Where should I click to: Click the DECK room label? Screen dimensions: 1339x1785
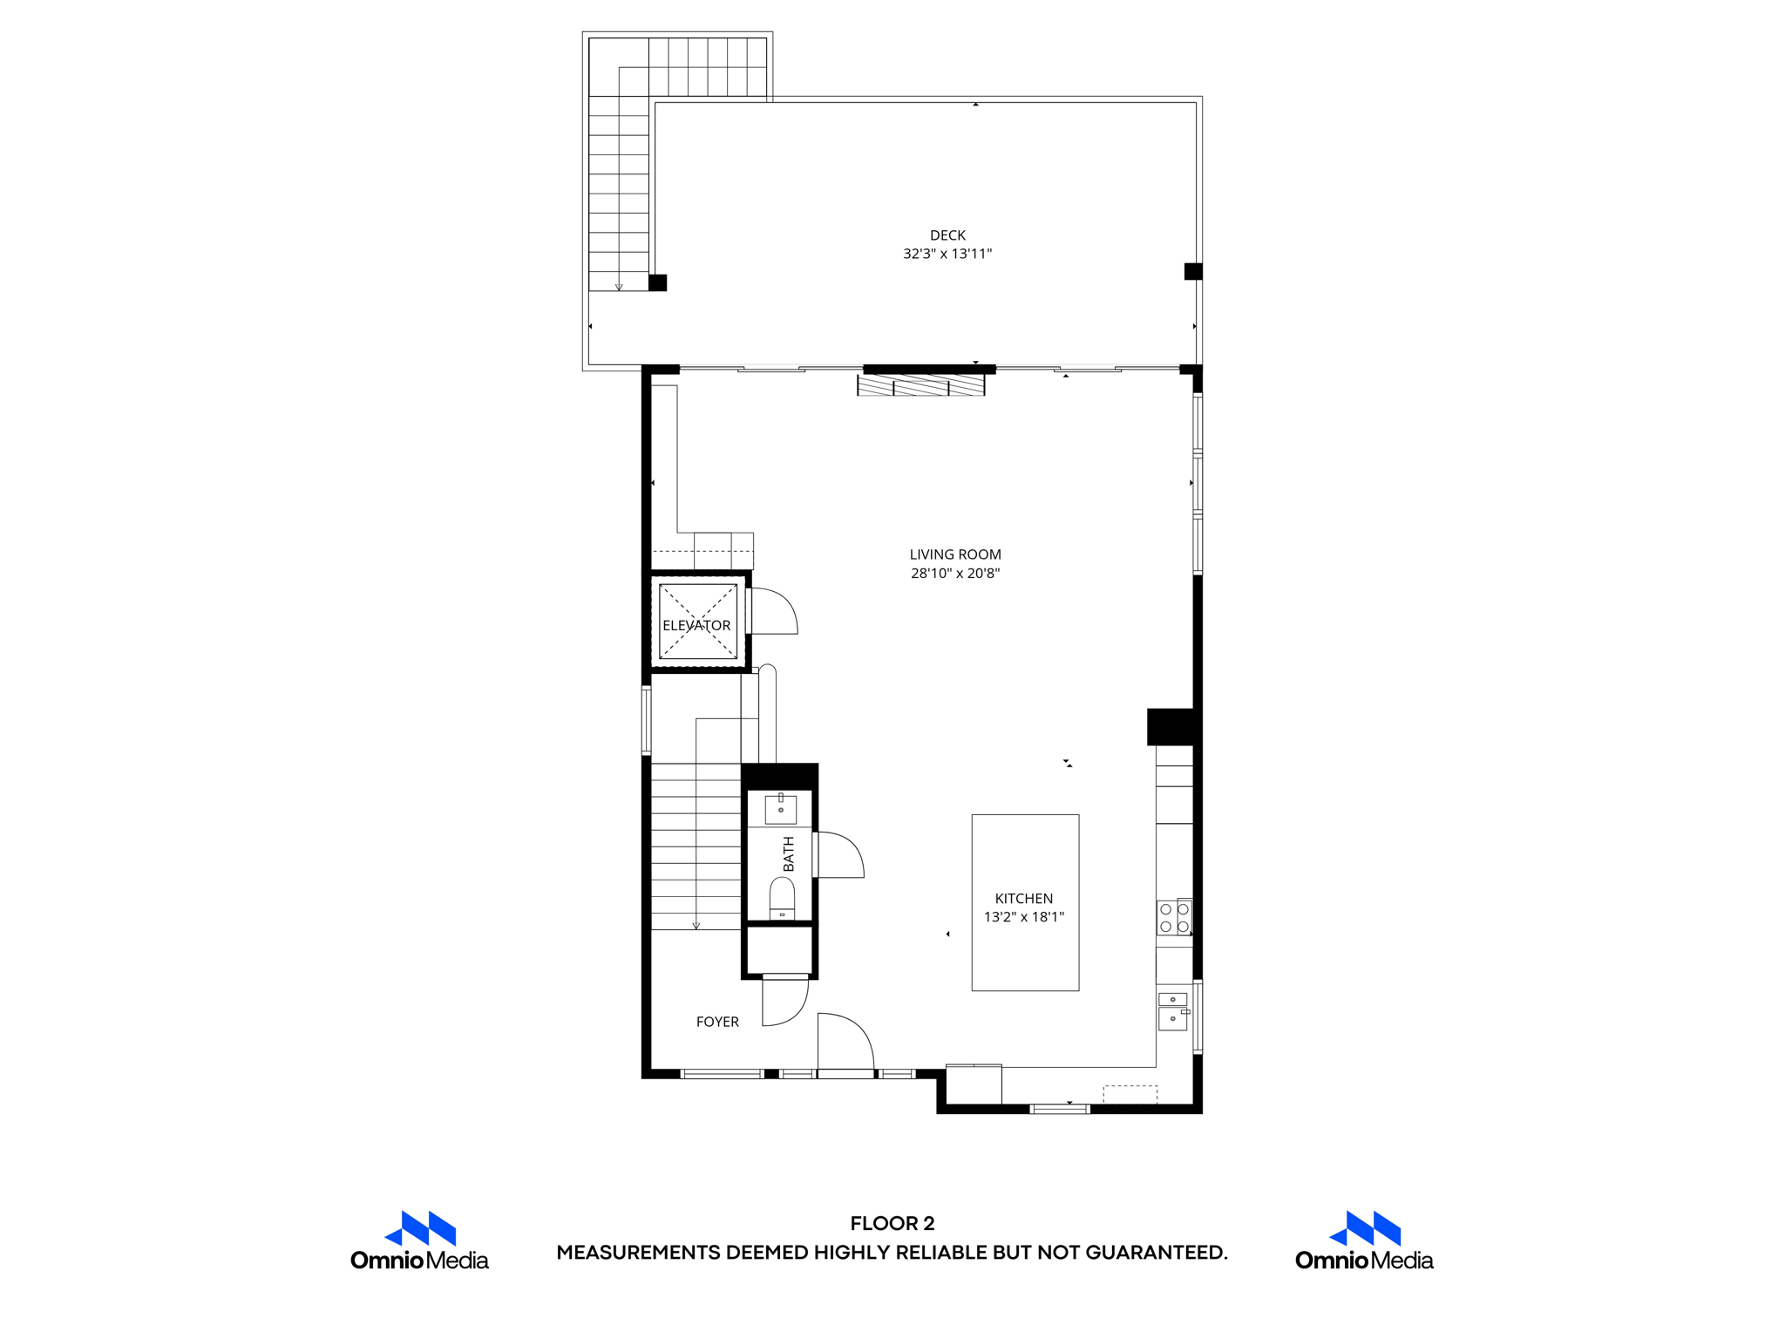[x=947, y=235]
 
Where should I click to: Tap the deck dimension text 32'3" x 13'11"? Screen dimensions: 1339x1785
[x=947, y=255]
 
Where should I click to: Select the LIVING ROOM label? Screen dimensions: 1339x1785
[x=955, y=554]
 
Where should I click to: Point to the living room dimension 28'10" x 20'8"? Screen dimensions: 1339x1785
[x=955, y=574]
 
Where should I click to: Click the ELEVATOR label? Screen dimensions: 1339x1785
[x=696, y=626]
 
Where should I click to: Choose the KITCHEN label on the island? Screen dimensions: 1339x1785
[x=1024, y=899]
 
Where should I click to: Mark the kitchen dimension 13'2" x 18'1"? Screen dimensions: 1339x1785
[x=1024, y=917]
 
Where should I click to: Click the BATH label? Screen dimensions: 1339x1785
[x=789, y=854]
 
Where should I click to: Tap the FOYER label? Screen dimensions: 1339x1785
[x=717, y=1022]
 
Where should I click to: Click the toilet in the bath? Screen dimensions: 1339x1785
[x=782, y=898]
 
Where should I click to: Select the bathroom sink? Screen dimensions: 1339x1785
[x=781, y=809]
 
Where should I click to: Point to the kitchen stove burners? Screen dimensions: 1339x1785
[x=1174, y=918]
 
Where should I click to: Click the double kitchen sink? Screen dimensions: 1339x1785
[x=1173, y=1010]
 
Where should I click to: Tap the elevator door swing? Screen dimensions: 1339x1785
[x=774, y=611]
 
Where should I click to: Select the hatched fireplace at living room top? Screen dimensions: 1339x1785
[x=921, y=385]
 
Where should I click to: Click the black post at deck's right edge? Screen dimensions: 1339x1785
[x=1193, y=271]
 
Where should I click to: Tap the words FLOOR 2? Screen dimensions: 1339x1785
[x=892, y=1223]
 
